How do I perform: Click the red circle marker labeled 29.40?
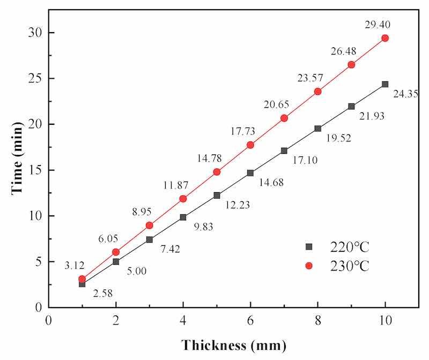pyautogui.click(x=384, y=38)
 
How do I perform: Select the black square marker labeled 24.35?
pyautogui.click(x=384, y=84)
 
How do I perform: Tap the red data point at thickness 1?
pyautogui.click(x=82, y=279)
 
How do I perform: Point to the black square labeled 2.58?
pyautogui.click(x=82, y=284)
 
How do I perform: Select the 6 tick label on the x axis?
pyautogui.click(x=250, y=320)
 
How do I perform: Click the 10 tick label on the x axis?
pyautogui.click(x=384, y=320)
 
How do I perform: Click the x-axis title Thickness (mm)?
pyautogui.click(x=233, y=343)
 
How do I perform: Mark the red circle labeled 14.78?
pyautogui.click(x=217, y=172)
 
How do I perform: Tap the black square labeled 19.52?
pyautogui.click(x=317, y=129)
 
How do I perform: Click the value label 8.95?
pyautogui.click(x=143, y=212)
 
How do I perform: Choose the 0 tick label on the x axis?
pyautogui.click(x=48, y=320)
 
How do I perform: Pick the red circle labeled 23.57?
pyautogui.click(x=317, y=92)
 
